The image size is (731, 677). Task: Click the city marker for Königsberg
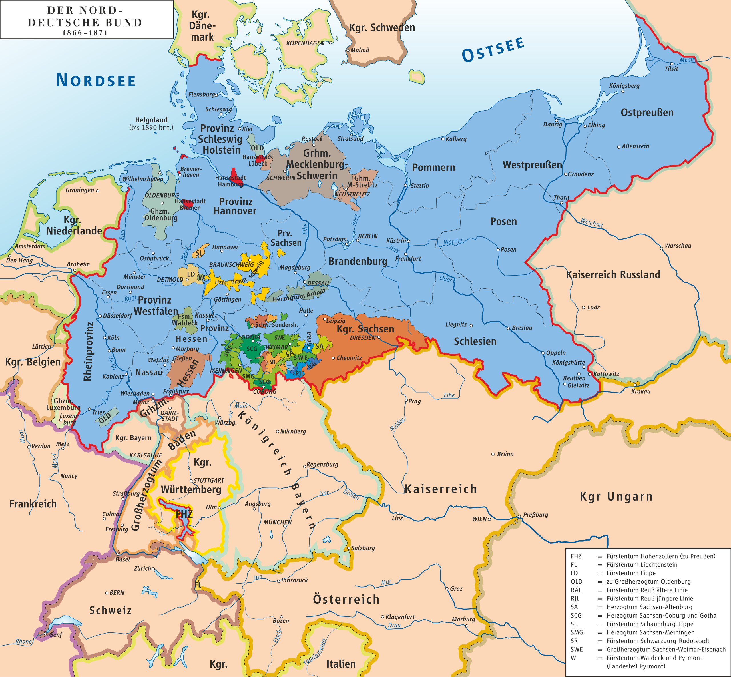[x=622, y=91]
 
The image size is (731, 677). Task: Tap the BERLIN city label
[x=367, y=236]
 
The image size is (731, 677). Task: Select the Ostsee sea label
[x=493, y=49]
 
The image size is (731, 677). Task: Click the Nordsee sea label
[x=96, y=80]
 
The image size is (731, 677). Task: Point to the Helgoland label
[x=151, y=120]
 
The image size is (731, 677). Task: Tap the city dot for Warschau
[x=661, y=248]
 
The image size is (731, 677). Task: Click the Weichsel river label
[x=591, y=223]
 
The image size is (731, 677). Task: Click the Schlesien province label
[x=475, y=341]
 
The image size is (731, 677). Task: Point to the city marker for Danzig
[x=556, y=120]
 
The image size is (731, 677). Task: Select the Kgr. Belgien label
[x=33, y=362]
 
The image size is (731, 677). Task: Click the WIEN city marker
[x=489, y=519]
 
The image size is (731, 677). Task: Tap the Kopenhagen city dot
[x=330, y=43]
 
